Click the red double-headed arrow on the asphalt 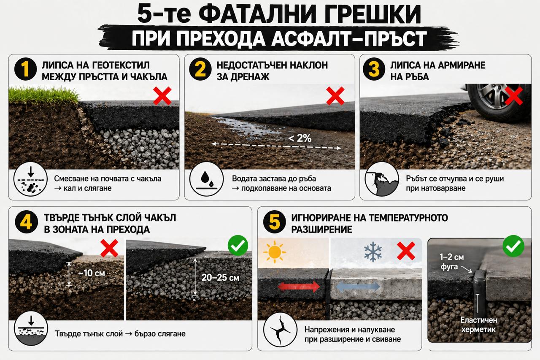pyautogui.click(x=299, y=287)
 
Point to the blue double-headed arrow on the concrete pyautogui.click(x=358, y=287)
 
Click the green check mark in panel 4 pyautogui.click(x=238, y=246)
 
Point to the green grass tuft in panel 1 pyautogui.click(x=42, y=94)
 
